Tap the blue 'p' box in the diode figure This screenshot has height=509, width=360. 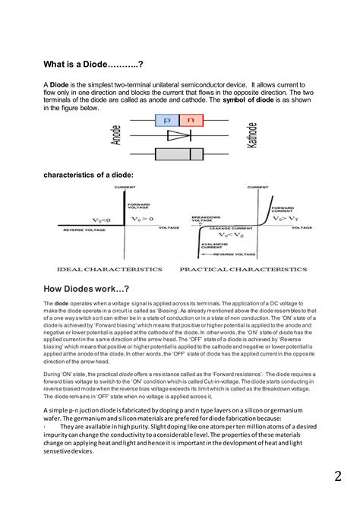tap(166, 120)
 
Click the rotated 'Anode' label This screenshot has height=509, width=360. tap(116, 138)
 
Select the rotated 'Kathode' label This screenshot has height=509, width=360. tap(251, 138)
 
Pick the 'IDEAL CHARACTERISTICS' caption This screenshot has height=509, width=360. tap(109, 269)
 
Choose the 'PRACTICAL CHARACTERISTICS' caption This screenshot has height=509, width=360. tap(243, 269)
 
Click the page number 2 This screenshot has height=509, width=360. tap(336, 477)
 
